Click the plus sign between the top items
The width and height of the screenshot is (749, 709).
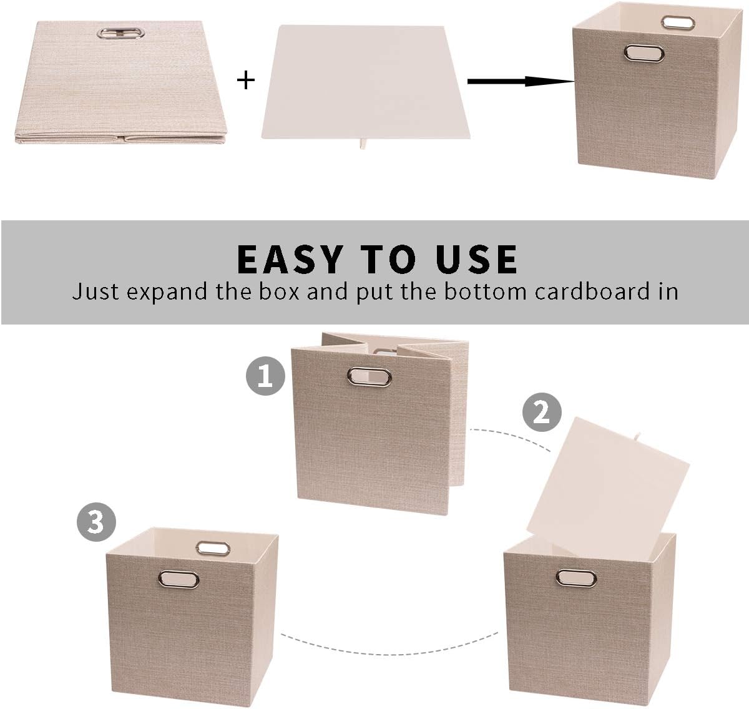[x=248, y=80]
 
